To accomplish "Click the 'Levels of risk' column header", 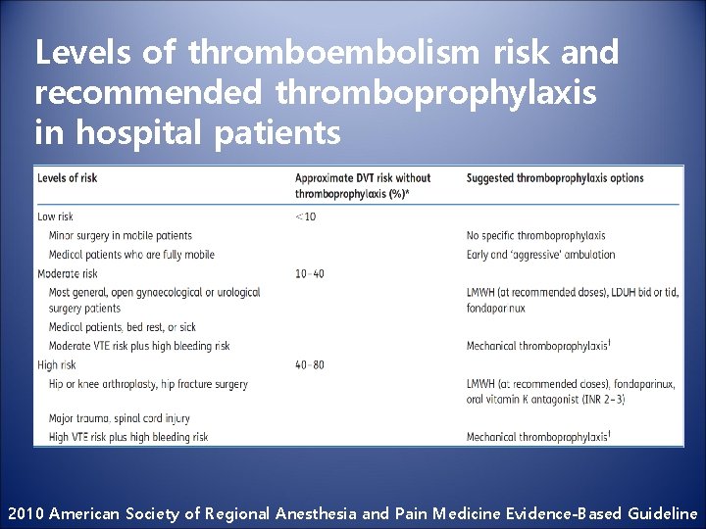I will coord(68,177).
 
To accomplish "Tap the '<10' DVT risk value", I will coord(306,216).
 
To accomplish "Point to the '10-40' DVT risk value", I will coord(309,273).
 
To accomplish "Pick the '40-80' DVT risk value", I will coord(310,365).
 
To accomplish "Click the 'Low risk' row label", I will coord(56,216).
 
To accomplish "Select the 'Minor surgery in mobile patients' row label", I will coord(120,236).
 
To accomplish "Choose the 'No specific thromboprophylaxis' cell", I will coord(535,236).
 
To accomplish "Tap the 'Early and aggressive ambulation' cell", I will coord(541,255).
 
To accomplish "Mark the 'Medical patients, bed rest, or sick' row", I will coord(122,327).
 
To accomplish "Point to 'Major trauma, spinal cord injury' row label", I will coord(119,419).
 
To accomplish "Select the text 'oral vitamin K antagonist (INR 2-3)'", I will coord(547,400).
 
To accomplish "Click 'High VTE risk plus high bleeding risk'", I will coord(128,437).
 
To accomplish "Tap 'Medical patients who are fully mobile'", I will coord(130,255).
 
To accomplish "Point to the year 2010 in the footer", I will coord(25,512).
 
